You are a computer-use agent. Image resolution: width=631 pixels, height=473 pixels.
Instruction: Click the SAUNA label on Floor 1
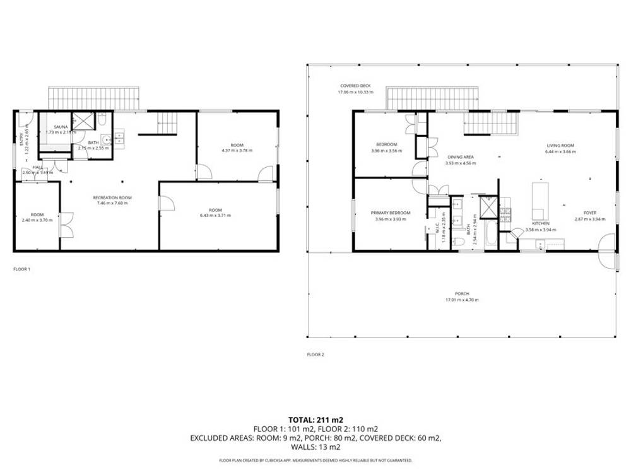point(61,127)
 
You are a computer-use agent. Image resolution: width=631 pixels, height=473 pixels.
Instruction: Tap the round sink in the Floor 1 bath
point(107,140)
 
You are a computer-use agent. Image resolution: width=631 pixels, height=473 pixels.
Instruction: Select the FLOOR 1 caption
point(22,269)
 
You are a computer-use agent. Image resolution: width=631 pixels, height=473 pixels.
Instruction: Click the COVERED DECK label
point(355,86)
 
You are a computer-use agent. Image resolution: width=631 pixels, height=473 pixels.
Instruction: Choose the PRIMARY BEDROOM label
point(391,213)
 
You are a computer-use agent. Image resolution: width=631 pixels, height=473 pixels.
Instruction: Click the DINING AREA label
point(460,157)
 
